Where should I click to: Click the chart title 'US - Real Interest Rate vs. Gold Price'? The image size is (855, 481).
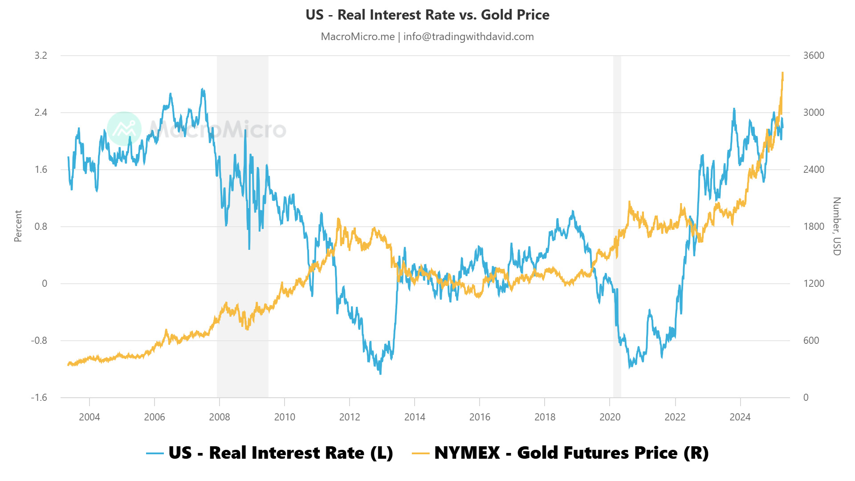(427, 15)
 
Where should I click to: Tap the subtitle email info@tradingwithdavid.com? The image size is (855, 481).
(468, 37)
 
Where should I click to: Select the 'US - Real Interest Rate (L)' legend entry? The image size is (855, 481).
(270, 453)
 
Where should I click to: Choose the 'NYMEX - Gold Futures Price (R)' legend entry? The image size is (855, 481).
(560, 453)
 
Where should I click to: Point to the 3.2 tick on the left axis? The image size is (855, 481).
(41, 55)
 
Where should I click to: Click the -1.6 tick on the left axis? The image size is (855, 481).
(39, 397)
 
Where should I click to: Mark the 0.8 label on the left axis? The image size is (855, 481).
(41, 226)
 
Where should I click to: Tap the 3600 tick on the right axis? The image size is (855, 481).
(814, 55)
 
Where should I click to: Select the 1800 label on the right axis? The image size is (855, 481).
(814, 226)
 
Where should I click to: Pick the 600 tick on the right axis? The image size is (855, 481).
(811, 340)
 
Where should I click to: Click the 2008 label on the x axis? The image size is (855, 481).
(220, 417)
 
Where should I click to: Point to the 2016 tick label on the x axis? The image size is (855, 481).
(480, 417)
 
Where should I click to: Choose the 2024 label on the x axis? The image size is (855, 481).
(740, 417)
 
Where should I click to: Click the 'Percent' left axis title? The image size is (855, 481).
(18, 226)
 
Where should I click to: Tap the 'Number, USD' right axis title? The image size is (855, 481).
(837, 226)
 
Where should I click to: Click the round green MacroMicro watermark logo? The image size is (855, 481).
(124, 129)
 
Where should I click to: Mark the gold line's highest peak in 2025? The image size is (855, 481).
(782, 73)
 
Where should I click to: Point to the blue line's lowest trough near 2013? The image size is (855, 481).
(380, 373)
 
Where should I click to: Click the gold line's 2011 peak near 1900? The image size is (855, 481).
(338, 219)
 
